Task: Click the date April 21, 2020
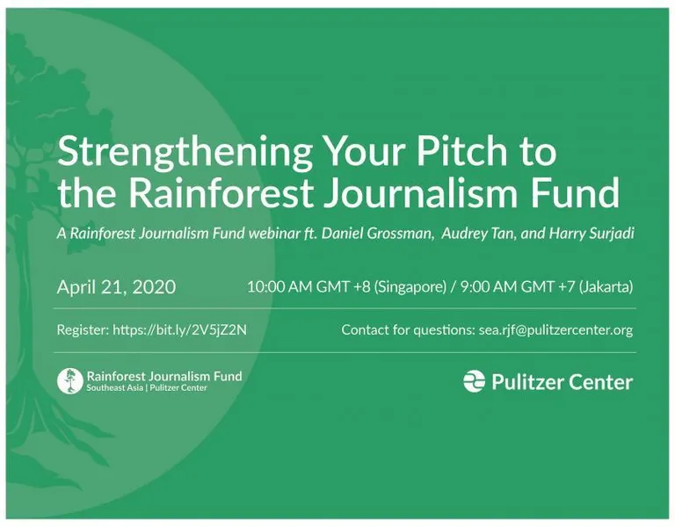(x=116, y=287)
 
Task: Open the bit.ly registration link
(x=179, y=330)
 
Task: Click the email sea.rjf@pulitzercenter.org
(x=555, y=330)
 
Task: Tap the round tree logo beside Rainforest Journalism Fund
(x=69, y=381)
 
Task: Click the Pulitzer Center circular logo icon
(x=474, y=381)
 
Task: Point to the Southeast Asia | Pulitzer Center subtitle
(x=147, y=387)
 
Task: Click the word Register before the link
(x=83, y=330)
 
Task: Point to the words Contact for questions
(x=408, y=330)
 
